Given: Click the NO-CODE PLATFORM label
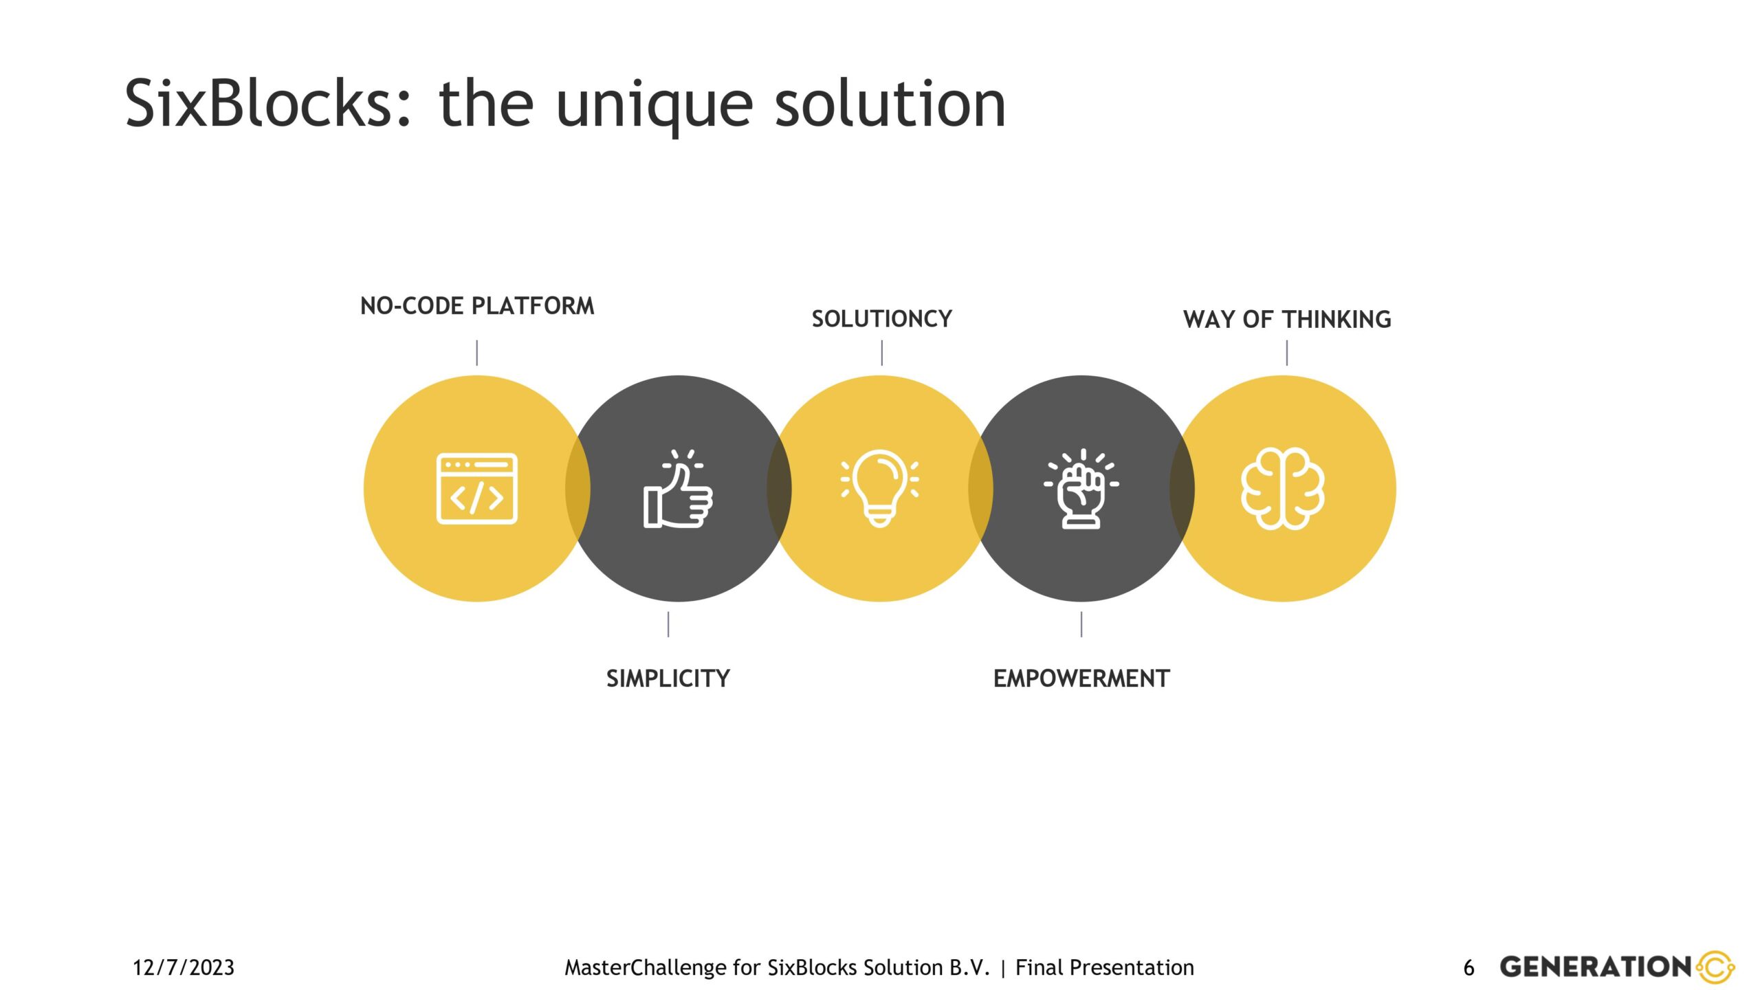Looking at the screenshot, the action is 477,306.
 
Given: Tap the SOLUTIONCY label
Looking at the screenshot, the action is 882,319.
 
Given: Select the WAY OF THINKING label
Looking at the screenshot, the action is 1287,320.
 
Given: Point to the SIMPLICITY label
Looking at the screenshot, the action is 668,679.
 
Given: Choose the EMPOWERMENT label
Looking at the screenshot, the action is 1081,679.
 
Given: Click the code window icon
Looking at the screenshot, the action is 477,489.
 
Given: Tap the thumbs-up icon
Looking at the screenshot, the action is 678,489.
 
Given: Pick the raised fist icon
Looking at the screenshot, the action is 1081,489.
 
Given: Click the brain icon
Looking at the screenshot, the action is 1283,489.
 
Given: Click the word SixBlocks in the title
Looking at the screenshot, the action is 269,103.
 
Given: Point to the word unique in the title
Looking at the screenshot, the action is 654,107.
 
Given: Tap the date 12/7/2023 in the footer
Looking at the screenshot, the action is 184,968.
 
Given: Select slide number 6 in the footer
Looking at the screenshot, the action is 1469,968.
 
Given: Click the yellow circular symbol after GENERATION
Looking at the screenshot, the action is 1716,967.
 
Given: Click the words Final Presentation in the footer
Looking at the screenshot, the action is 1105,968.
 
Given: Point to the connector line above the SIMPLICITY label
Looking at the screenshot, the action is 668,624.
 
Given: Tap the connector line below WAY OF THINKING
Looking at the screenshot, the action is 1287,353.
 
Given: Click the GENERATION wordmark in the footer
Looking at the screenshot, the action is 1596,967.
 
